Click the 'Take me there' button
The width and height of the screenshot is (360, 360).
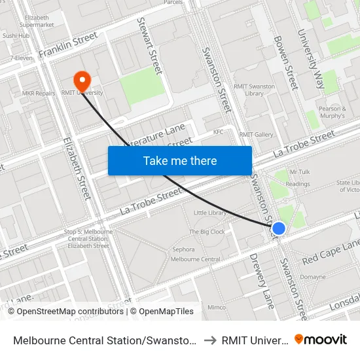[x=180, y=160]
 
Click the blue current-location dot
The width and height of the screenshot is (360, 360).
[x=279, y=228]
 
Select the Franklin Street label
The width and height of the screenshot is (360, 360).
[x=68, y=45]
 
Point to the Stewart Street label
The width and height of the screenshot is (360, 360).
[x=149, y=45]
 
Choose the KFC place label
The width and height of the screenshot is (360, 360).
[x=219, y=132]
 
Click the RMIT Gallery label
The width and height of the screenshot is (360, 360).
[x=256, y=135]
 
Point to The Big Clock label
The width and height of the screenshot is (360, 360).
[x=207, y=232]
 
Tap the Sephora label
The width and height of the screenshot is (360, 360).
[x=183, y=249]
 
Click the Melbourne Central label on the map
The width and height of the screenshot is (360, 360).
[x=195, y=260]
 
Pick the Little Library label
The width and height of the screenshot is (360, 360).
[x=211, y=213]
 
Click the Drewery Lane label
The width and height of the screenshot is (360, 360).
[x=262, y=280]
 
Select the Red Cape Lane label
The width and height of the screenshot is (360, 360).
[x=331, y=251]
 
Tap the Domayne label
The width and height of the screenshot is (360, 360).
[x=313, y=277]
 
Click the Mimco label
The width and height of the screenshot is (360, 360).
[x=217, y=307]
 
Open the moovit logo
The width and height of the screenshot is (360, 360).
[x=321, y=339]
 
